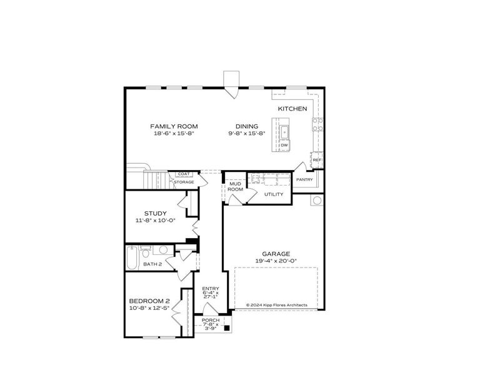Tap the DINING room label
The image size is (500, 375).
pos(247,126)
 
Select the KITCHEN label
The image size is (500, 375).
pos(292,109)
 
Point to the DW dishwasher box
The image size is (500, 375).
pos(284,145)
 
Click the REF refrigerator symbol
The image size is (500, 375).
pos(317,159)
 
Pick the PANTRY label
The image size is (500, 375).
pos(304,180)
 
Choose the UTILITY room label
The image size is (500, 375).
pos(274,194)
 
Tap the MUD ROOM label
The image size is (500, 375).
pos(235,186)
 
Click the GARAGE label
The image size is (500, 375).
pos(276,254)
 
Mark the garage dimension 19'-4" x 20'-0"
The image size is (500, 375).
pos(276,261)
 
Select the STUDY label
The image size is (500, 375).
pos(155,213)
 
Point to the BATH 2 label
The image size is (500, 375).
pos(152,264)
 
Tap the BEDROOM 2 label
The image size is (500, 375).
pos(149,301)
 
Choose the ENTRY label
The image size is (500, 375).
pos(211,288)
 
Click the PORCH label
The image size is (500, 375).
pos(211,320)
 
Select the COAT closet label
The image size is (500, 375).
pos(184,174)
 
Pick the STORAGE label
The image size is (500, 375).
pos(184,182)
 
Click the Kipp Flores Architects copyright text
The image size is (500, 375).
pos(276,305)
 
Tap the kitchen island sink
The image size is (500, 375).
pos(284,131)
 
